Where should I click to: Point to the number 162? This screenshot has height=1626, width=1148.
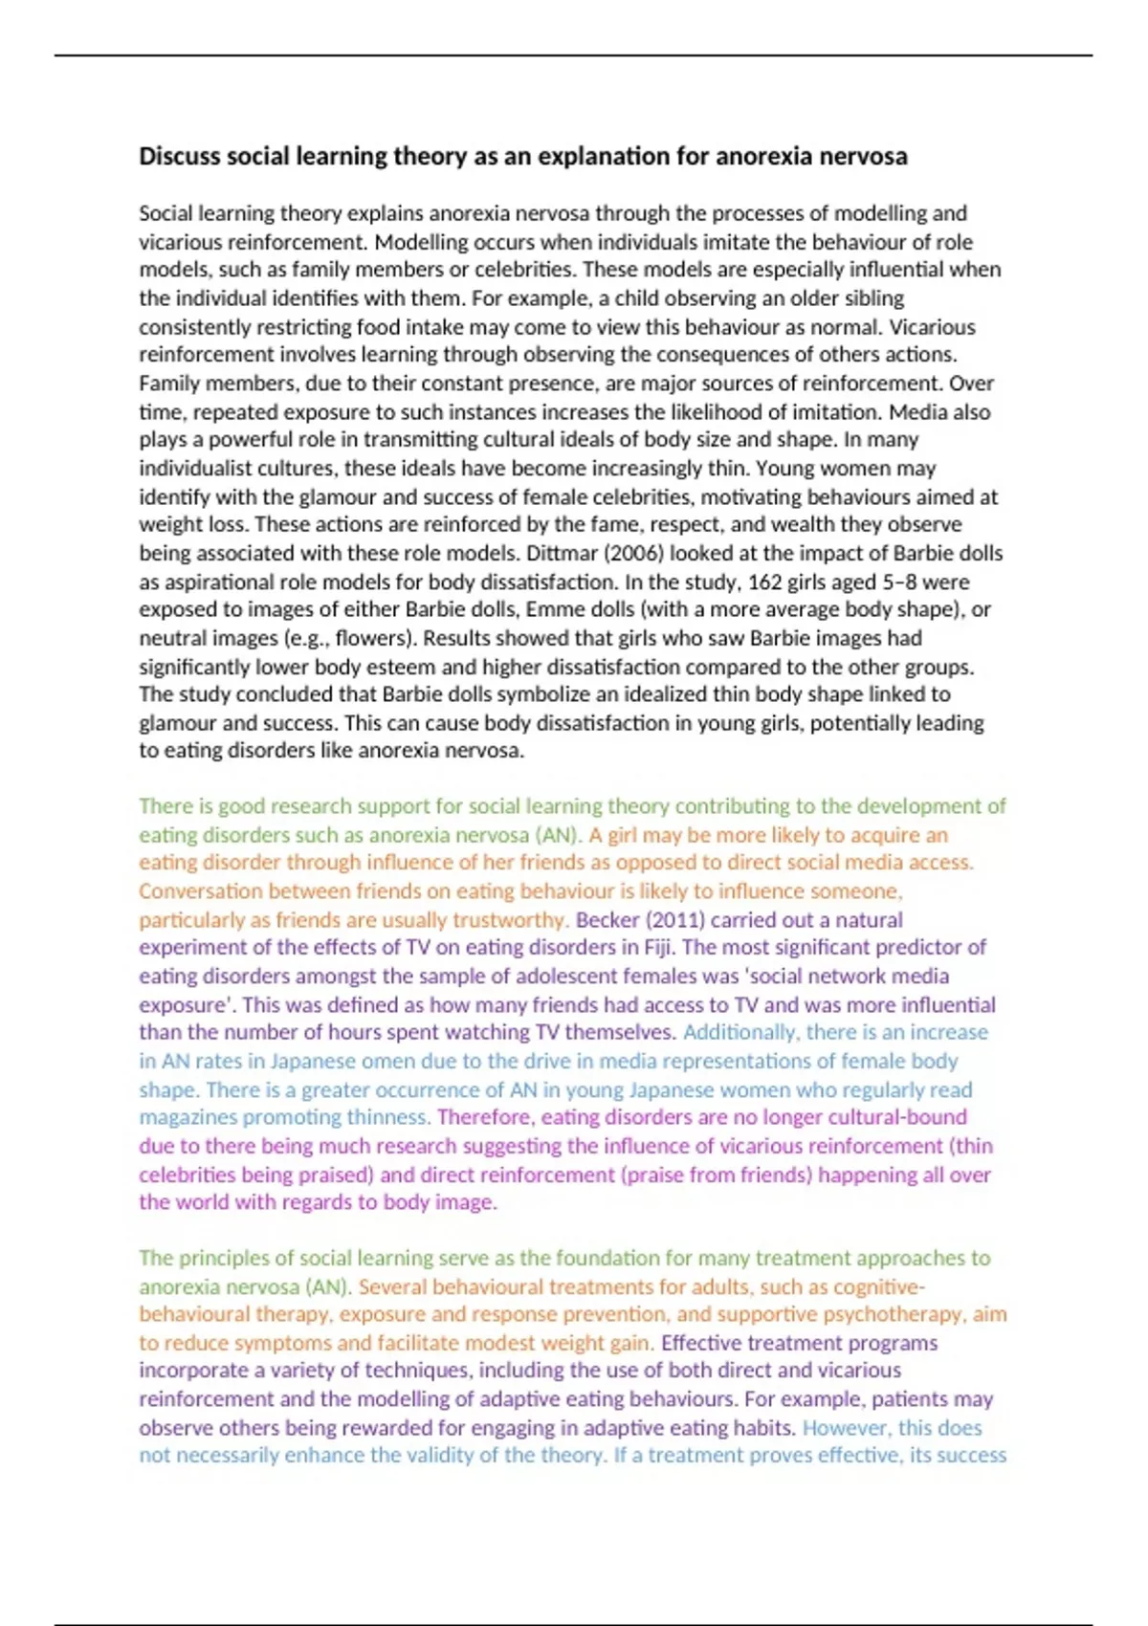764,582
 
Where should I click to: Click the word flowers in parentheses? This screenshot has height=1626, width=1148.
374,638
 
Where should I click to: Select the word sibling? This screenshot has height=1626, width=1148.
870,298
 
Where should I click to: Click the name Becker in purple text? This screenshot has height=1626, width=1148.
607,920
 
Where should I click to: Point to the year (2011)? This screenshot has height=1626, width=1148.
674,920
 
